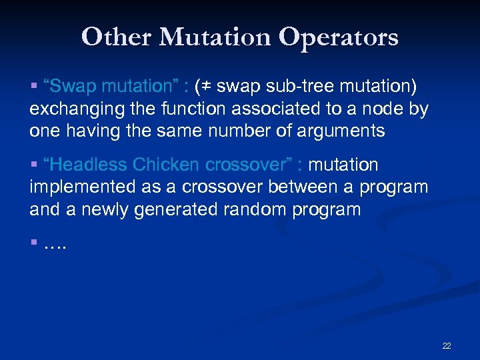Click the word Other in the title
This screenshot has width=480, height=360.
coord(114,37)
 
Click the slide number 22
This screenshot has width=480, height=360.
coord(446,345)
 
